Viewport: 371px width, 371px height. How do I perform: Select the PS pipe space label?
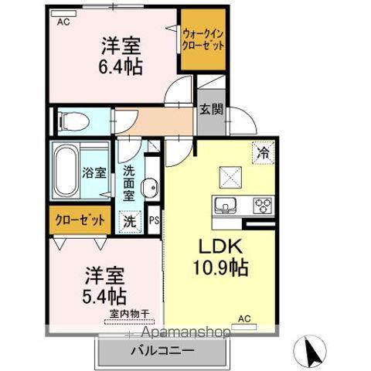(x=154, y=220)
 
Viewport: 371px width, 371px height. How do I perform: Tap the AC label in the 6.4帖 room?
(x=64, y=22)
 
